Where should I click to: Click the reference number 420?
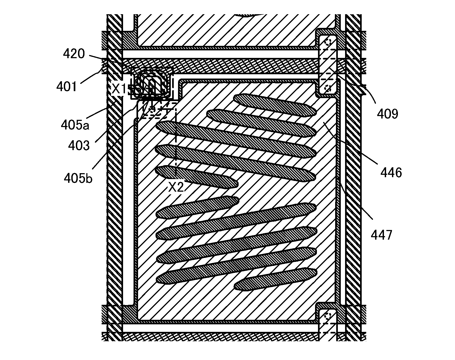74,54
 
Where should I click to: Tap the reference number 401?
67,87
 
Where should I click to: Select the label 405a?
75,125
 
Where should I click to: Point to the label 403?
79,146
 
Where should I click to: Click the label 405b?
78,178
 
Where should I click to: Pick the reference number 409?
387,114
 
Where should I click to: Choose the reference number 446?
391,173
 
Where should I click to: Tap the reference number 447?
382,235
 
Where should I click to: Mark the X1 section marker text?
119,89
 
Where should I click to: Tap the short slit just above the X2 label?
196,177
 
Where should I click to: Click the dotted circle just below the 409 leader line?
327,88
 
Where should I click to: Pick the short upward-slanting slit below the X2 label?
197,207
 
